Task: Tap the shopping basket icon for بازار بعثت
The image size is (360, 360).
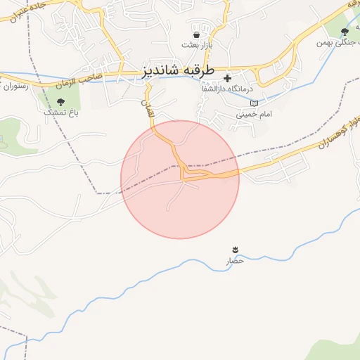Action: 196,34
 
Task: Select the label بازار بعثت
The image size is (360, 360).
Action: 196,45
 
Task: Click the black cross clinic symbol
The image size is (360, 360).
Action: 227,78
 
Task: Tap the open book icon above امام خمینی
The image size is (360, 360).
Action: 254,103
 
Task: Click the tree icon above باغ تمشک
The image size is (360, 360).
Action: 60,102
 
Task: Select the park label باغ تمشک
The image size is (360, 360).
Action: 60,112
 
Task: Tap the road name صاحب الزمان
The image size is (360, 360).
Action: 93,76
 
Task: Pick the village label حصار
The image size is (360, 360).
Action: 234,261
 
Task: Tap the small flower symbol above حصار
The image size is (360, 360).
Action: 235,250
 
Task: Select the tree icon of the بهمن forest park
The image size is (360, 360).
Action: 345,32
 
